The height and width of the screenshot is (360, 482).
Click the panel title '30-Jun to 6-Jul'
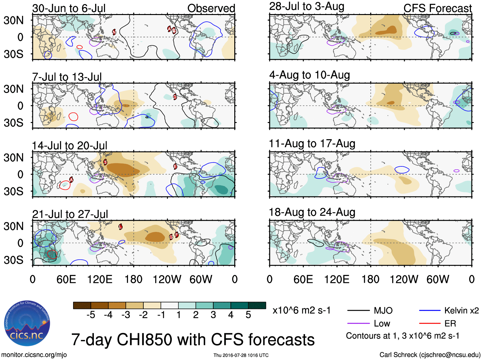click(69, 8)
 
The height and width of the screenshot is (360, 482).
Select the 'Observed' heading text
click(211, 8)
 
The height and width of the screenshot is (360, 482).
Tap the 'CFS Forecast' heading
click(437, 8)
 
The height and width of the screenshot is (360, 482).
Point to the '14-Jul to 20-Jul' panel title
click(69, 146)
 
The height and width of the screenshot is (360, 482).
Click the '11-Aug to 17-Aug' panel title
click(312, 144)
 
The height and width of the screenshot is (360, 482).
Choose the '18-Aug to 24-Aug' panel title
click(312, 212)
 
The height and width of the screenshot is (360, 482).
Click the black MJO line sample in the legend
click(358, 310)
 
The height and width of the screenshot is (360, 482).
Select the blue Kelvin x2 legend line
click(430, 310)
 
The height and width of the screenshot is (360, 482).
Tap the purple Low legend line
click(358, 324)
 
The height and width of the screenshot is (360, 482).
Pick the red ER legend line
click(430, 324)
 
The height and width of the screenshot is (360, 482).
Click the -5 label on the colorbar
click(91, 315)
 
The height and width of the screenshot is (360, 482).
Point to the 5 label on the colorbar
click(248, 315)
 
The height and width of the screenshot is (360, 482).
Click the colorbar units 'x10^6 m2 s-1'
click(301, 310)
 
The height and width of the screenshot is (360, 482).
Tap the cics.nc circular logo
click(27, 323)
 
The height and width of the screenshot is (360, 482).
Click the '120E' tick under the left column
click(100, 280)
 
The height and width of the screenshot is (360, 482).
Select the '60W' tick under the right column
click(438, 280)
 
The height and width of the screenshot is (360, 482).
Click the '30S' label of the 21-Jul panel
click(14, 260)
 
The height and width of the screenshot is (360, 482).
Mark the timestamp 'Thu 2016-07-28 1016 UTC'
click(241, 355)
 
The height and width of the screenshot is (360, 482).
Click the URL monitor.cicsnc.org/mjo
click(34, 355)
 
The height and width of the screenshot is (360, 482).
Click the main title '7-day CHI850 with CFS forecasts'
click(193, 340)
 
